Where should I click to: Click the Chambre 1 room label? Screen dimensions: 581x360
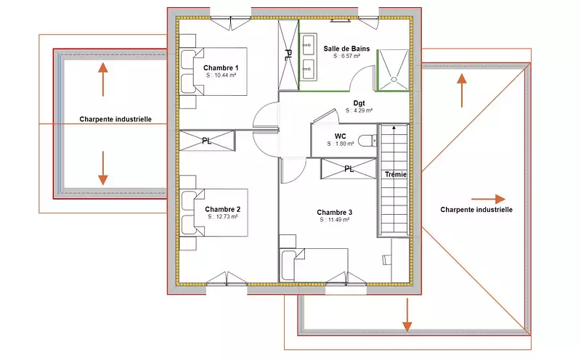tap(221, 67)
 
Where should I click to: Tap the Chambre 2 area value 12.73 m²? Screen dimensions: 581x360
tap(223, 217)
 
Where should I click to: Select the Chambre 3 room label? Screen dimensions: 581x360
tap(334, 212)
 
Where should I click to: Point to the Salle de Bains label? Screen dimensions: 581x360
tap(346, 49)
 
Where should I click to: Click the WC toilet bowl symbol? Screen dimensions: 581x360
tap(367, 141)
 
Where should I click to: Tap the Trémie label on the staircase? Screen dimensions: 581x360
tap(396, 174)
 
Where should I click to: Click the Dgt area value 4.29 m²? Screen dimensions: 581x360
tap(359, 110)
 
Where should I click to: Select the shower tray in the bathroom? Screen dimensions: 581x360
tap(393, 70)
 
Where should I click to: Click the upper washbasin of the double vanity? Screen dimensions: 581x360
tap(308, 45)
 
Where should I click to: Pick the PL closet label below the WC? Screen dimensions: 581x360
tap(349, 169)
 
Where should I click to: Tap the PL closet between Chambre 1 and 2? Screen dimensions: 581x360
tap(207, 141)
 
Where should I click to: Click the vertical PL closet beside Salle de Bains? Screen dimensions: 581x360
tap(288, 55)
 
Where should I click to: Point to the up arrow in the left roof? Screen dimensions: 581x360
tap(103, 79)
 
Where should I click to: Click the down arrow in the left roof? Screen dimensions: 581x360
tap(103, 168)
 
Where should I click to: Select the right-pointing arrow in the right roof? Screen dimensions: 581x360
tap(488, 200)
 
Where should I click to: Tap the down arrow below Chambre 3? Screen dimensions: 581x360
tap(407, 315)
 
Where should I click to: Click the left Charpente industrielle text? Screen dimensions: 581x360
tap(115, 119)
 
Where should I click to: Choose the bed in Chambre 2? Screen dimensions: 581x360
tap(214, 213)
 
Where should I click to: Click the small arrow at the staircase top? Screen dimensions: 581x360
tap(394, 128)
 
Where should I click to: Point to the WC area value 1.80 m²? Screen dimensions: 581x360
tap(341, 144)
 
